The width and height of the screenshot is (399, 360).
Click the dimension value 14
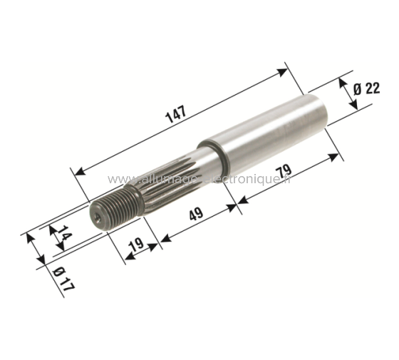pos(63,235)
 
